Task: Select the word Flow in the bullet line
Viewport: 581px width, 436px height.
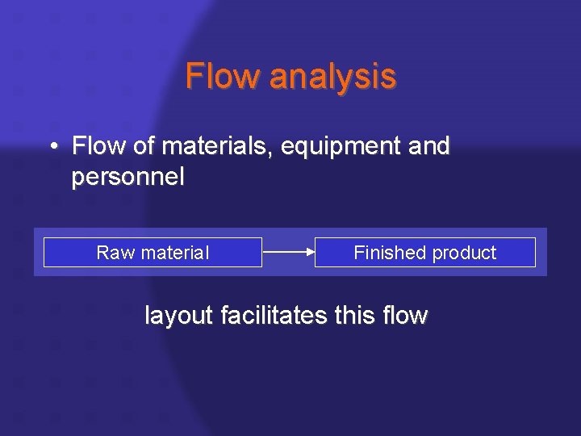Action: (95, 146)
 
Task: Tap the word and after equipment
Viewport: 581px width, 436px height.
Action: (429, 146)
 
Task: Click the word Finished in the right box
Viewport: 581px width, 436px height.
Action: (388, 253)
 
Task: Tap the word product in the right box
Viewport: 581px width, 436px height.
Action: (464, 253)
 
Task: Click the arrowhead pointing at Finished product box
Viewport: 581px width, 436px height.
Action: (311, 252)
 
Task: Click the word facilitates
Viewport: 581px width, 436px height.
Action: (273, 315)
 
